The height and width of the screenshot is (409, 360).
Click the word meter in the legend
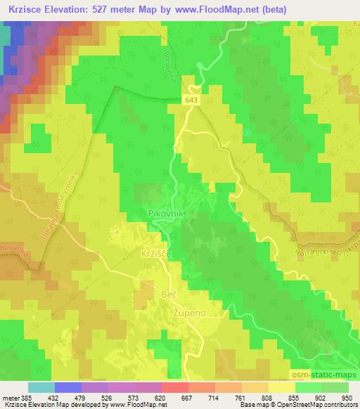[10, 397]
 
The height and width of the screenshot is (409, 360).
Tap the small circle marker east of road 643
[246, 131]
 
